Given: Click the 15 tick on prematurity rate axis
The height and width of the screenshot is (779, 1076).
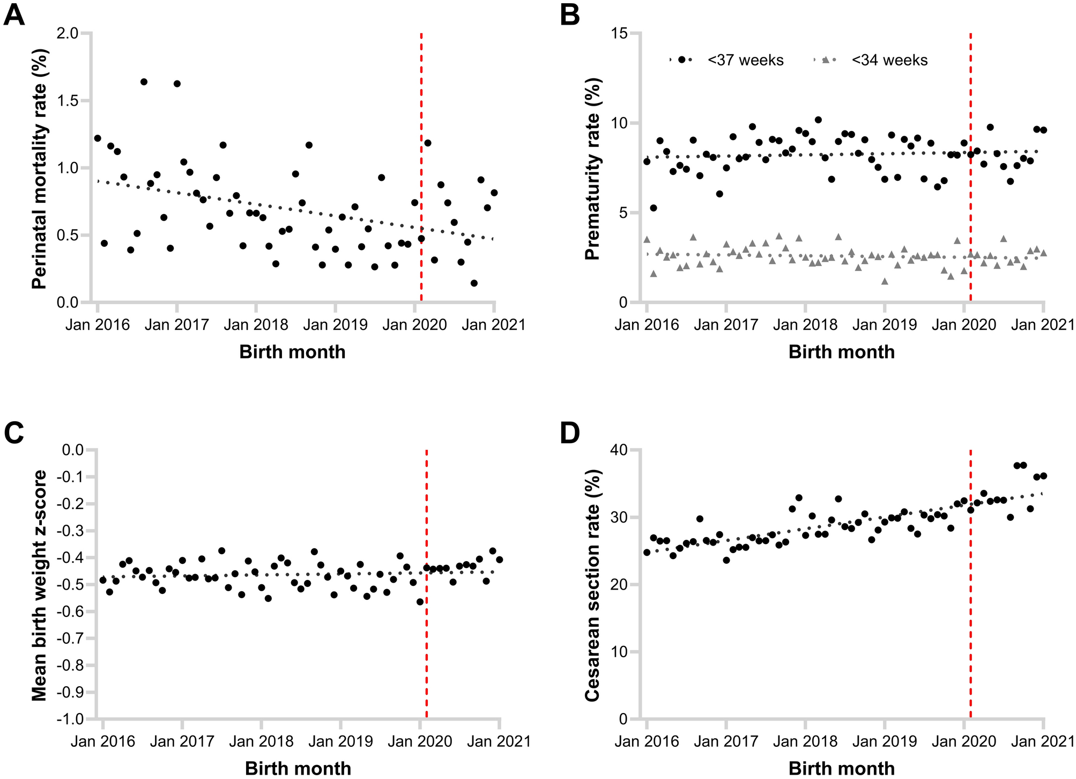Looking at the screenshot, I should click(619, 34).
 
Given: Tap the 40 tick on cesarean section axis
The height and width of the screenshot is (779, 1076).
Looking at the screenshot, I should click(619, 450).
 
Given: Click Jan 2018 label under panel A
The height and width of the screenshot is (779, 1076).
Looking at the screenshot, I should click(256, 325).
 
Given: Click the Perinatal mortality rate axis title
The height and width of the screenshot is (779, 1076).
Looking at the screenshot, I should click(39, 168).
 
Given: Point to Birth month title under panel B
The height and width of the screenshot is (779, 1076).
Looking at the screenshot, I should click(842, 352).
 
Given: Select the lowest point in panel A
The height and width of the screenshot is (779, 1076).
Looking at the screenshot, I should click(474, 283).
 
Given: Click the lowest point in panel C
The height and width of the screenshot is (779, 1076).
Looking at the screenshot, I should click(420, 602).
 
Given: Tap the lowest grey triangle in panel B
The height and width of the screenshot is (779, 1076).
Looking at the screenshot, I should click(885, 281).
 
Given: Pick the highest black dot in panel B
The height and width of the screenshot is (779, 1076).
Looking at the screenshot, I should click(818, 120).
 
